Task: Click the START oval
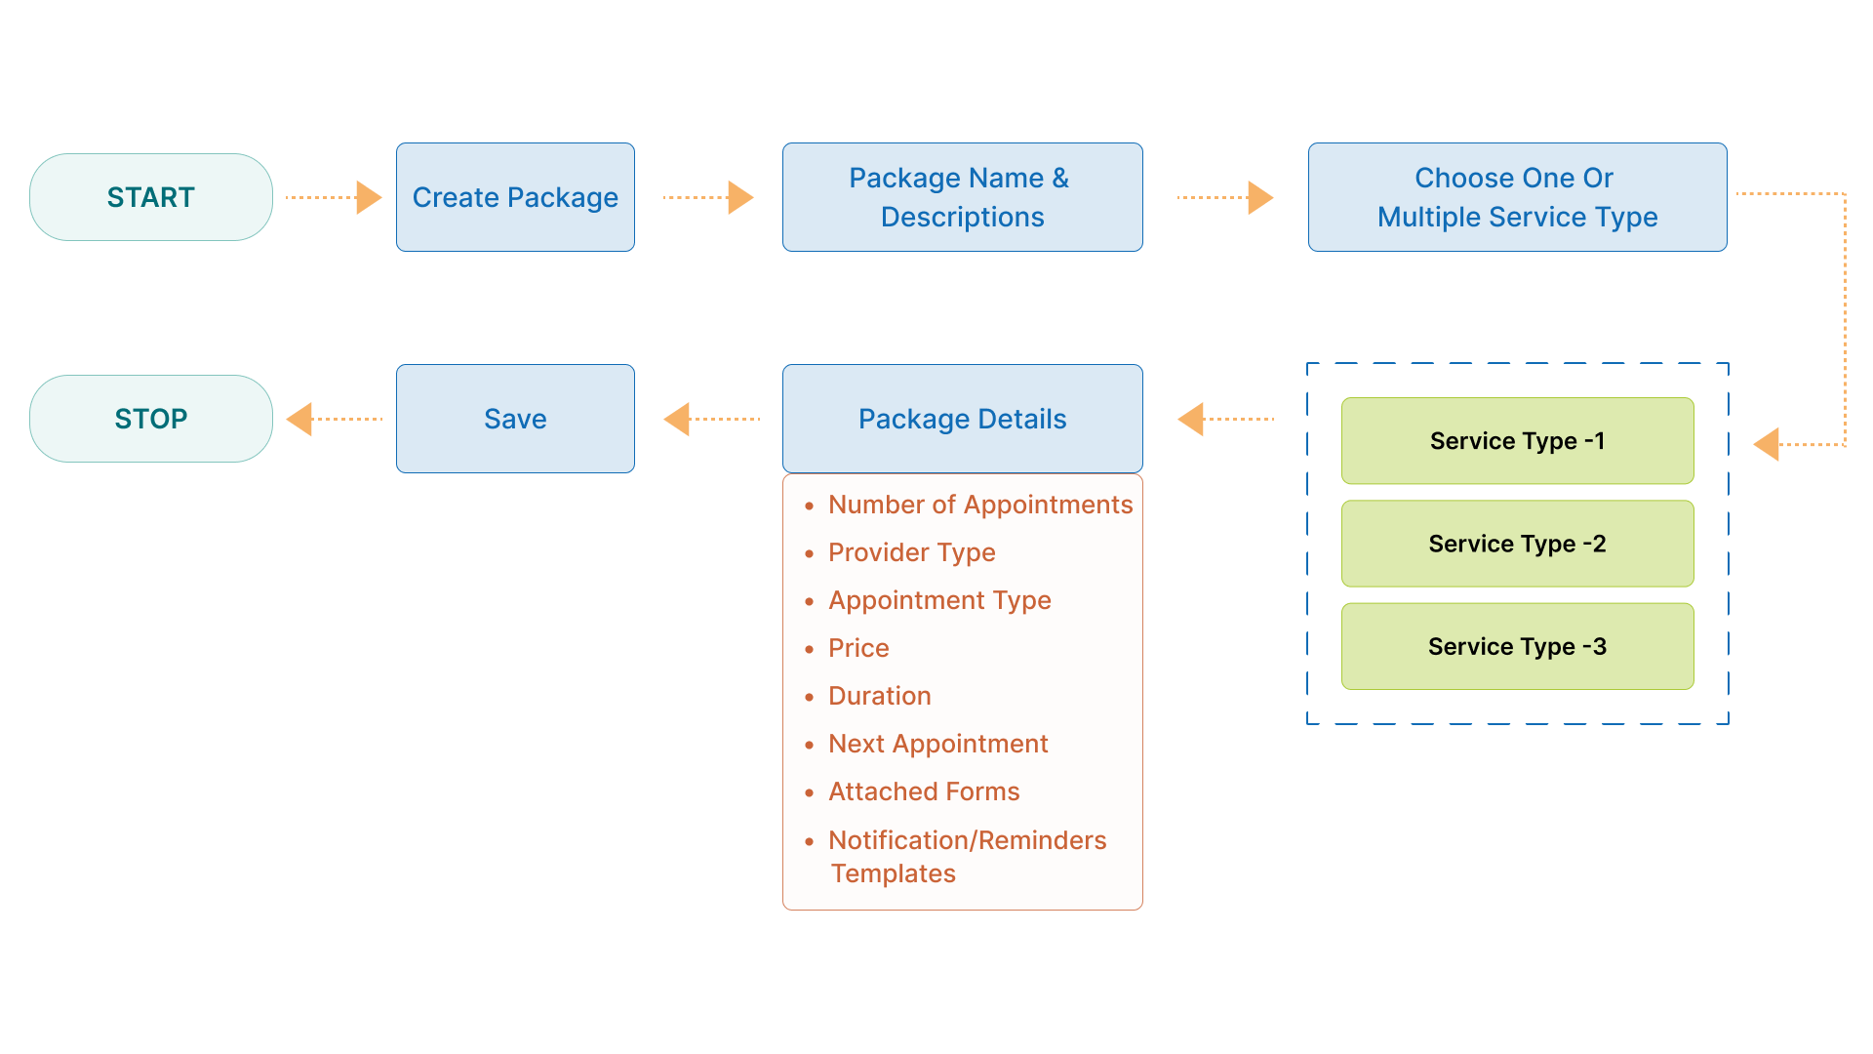[x=150, y=197]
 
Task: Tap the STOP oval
[x=150, y=419]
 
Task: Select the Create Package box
[x=515, y=197]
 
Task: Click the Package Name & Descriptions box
[x=962, y=197]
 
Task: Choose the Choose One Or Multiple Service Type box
[x=1517, y=197]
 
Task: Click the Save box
[x=515, y=419]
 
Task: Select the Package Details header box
[x=962, y=419]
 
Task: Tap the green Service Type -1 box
[x=1517, y=441]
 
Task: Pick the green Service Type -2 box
[x=1517, y=544]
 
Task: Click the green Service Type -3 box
[x=1517, y=646]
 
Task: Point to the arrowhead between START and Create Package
[x=368, y=197]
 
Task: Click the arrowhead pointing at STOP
[x=299, y=419]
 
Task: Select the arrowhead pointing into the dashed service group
[x=1767, y=444]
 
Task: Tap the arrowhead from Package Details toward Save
[x=677, y=419]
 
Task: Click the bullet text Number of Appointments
[x=979, y=505]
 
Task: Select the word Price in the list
[x=858, y=648]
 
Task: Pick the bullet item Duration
[x=879, y=696]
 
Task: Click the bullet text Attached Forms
[x=923, y=791]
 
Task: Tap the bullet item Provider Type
[x=911, y=552]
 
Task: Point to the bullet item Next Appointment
[x=937, y=744]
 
